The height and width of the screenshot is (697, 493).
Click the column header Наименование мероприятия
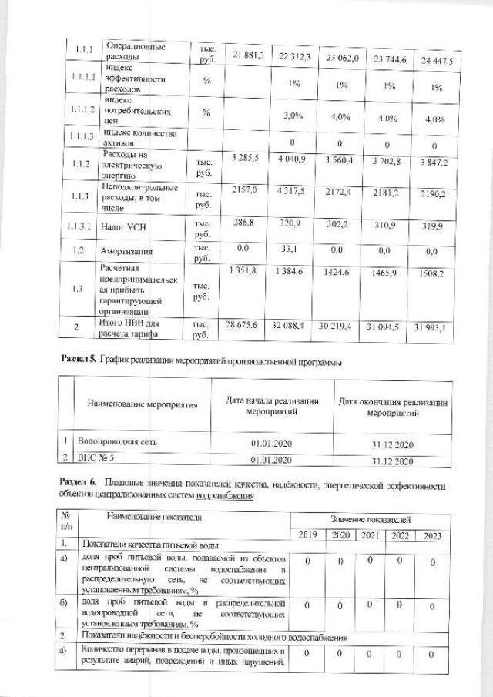pyautogui.click(x=142, y=404)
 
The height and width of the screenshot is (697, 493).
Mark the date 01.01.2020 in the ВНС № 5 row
pyautogui.click(x=271, y=461)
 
